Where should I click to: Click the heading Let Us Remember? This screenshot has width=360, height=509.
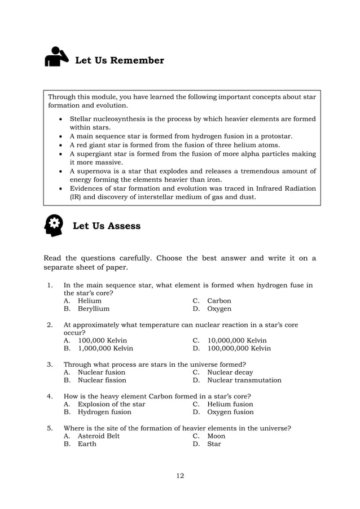[x=120, y=60]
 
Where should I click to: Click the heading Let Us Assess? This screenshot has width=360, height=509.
[x=107, y=226]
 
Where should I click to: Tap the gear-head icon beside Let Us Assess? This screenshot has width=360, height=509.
[x=54, y=226]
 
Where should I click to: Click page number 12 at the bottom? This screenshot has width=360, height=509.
[x=180, y=476]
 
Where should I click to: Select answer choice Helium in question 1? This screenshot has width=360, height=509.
[x=90, y=301]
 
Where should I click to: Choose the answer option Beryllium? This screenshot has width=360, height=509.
[x=94, y=309]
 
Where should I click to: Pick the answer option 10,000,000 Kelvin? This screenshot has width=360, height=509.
[x=237, y=340]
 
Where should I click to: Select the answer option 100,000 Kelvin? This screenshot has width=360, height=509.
[x=102, y=340]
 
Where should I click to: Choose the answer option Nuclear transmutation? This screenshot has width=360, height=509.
[x=244, y=380]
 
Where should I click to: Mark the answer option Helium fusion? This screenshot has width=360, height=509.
[x=230, y=404]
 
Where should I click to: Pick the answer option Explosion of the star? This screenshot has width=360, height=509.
[x=111, y=404]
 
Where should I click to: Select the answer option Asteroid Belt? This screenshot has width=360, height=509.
[x=99, y=436]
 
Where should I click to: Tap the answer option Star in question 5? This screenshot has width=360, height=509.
[x=214, y=444]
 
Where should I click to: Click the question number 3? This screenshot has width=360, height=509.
[x=50, y=364]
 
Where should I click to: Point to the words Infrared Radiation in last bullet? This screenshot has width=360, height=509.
[x=283, y=188]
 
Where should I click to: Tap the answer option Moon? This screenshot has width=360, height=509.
[x=216, y=436]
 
